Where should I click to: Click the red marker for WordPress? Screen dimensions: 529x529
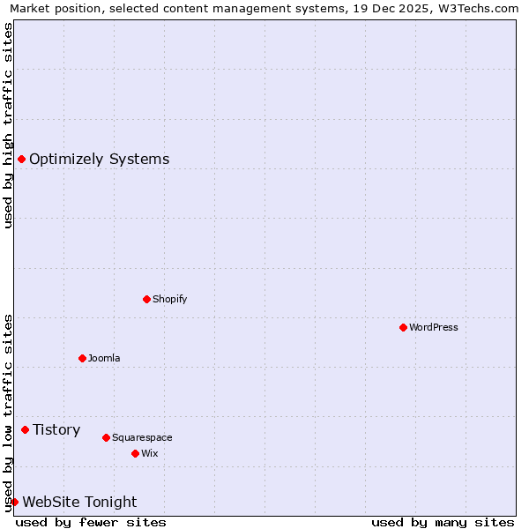tap(403, 327)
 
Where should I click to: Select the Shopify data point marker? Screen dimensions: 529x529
tap(146, 299)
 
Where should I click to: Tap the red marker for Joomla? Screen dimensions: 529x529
tap(82, 358)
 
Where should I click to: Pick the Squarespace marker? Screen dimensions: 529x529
tap(106, 437)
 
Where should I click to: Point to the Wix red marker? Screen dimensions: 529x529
tap(135, 453)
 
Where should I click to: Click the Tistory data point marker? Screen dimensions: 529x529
tap(25, 429)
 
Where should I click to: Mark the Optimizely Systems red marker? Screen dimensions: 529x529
tap(21, 159)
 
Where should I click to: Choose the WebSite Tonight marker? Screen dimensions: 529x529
tap(14, 502)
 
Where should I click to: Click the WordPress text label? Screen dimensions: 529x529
tap(434, 327)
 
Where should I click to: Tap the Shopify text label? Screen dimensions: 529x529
tap(170, 299)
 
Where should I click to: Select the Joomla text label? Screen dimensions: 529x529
tap(104, 358)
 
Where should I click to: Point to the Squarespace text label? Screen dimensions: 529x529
tap(142, 437)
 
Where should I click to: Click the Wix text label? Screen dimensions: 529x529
tap(149, 453)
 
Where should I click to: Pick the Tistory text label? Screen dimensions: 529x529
tap(56, 429)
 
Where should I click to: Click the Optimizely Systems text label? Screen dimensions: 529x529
tap(100, 159)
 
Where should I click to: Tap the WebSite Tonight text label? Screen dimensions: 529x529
tap(79, 502)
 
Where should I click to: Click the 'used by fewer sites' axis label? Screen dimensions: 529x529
tap(91, 522)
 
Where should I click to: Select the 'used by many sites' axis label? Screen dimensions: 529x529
tap(443, 522)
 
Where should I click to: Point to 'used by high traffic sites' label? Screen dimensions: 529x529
tap(8, 125)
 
